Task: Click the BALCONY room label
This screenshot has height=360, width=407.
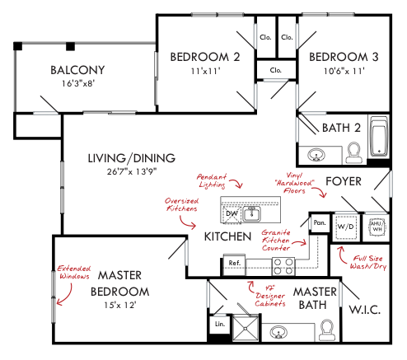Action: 77,70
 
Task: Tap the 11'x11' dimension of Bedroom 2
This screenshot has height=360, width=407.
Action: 206,71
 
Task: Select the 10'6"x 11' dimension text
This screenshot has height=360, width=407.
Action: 344,71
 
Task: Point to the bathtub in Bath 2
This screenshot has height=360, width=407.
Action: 379,136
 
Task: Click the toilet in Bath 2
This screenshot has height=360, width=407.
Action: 353,152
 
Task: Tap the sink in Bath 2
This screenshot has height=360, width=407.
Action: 316,155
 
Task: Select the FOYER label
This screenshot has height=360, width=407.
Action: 344,181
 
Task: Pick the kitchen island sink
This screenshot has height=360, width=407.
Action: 251,214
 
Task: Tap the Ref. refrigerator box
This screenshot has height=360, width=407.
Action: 234,264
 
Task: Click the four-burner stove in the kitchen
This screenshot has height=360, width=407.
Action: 283,266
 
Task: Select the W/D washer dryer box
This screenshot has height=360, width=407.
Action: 346,227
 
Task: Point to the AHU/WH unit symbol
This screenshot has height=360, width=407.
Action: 377,227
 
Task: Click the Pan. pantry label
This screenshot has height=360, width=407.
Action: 320,222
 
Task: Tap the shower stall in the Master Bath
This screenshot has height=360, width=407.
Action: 246,329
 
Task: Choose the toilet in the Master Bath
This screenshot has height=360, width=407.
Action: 327,330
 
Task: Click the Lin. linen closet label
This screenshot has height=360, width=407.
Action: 220,324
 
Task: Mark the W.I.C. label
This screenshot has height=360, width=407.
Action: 365,310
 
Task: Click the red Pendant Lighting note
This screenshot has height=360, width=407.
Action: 212,181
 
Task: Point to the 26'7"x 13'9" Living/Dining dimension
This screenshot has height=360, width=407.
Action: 132,171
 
